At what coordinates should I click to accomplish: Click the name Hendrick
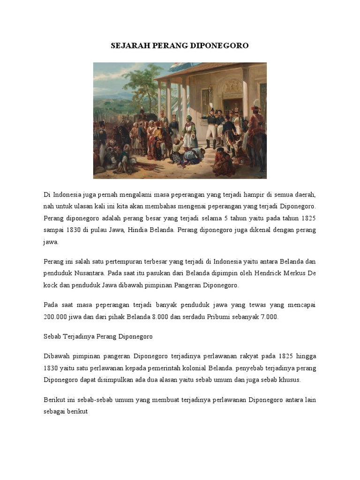(250, 273)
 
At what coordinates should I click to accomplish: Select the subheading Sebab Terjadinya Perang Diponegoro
(98, 337)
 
